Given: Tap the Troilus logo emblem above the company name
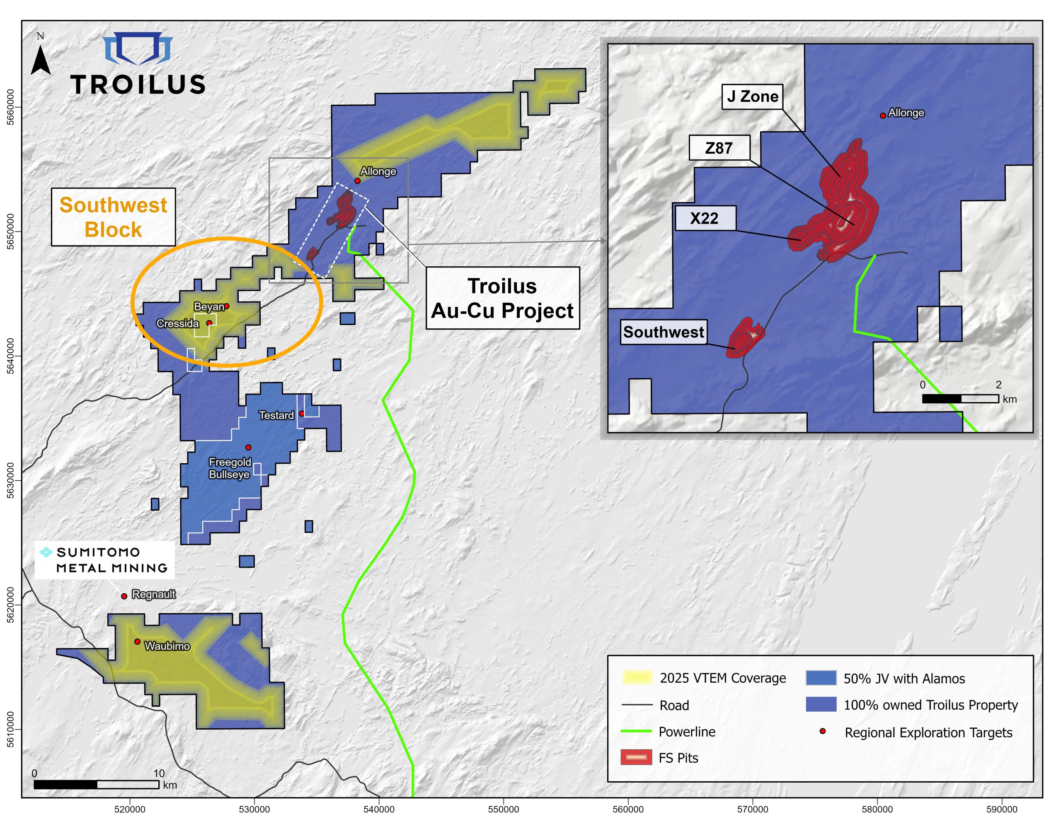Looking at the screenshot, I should tap(138, 48).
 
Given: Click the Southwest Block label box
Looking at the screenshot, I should tap(113, 217).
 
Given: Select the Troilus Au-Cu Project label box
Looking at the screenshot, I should tap(502, 298).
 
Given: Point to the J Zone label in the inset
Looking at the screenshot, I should tap(752, 96).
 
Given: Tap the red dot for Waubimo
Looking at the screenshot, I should tap(138, 642).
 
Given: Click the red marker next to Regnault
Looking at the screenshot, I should tap(124, 596).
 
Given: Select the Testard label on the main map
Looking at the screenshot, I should tap(276, 416).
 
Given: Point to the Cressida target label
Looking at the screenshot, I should tap(177, 324).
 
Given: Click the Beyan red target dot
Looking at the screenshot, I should tap(226, 306).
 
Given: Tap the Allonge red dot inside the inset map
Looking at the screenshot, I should tap(883, 116).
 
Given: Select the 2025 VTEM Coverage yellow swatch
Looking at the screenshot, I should tap(637, 678).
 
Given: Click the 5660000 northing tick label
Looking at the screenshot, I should tap(11, 107).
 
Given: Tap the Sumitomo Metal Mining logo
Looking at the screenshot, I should tap(104, 560).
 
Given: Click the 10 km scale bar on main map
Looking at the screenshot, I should tap(96, 785).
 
